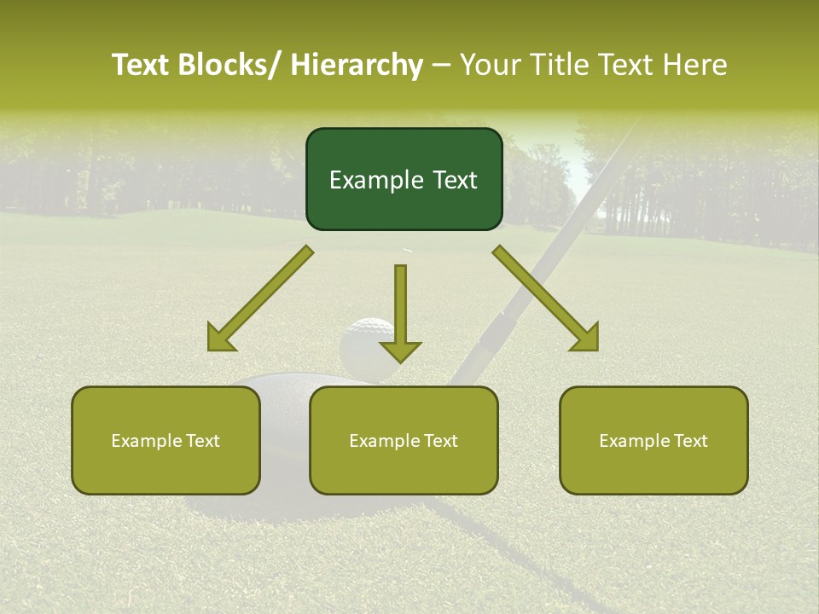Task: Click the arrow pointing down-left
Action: click(x=261, y=298)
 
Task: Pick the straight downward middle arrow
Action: click(x=400, y=311)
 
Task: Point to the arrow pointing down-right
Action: click(x=546, y=298)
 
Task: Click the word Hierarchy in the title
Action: click(x=357, y=65)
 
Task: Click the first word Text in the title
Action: click(x=142, y=65)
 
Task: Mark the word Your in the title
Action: click(x=490, y=65)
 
